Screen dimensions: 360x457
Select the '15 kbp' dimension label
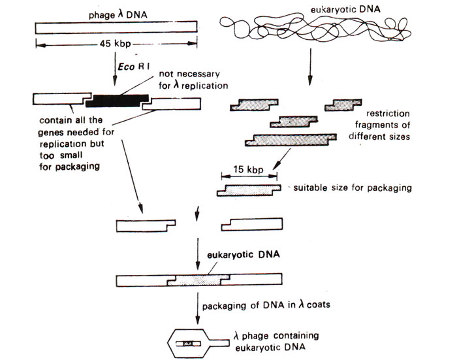pos(249,171)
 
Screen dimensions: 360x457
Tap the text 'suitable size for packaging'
pos(353,188)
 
